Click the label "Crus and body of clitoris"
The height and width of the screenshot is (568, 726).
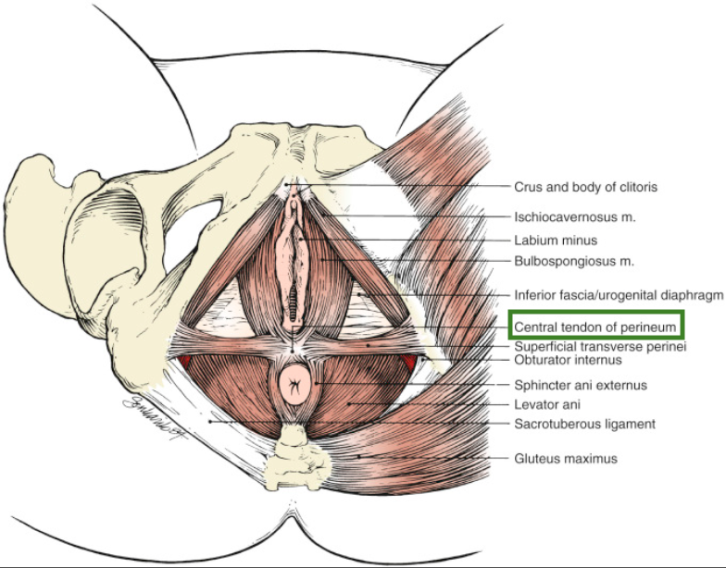pyautogui.click(x=585, y=186)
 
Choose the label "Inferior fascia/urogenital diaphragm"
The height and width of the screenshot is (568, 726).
pyautogui.click(x=618, y=295)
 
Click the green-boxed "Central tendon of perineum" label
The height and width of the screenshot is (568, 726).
pyautogui.click(x=595, y=326)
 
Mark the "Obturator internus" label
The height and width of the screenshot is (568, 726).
pyautogui.click(x=568, y=360)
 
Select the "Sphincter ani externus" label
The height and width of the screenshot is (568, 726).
pyautogui.click(x=581, y=384)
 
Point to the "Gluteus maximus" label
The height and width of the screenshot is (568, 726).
pyautogui.click(x=565, y=457)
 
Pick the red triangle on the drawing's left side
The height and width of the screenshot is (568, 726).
pyautogui.click(x=185, y=360)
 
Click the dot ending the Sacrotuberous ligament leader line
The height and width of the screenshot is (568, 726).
pyautogui.click(x=211, y=422)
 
